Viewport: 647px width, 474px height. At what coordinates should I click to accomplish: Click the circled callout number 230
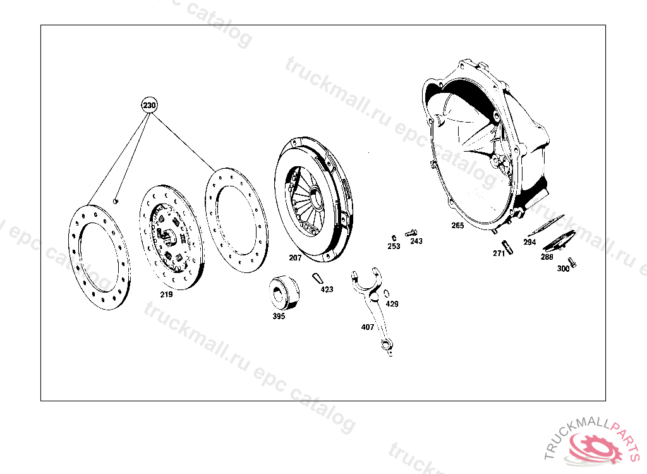click(x=149, y=105)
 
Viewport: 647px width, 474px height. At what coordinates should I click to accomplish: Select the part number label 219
click(x=166, y=295)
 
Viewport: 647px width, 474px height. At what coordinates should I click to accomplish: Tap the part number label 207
click(x=295, y=258)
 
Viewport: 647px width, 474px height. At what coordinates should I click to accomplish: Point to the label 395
click(x=279, y=316)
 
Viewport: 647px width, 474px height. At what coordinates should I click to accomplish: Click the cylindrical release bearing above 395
click(x=284, y=292)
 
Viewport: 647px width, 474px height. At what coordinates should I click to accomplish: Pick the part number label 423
click(x=327, y=289)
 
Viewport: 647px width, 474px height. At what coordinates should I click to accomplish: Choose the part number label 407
click(x=367, y=327)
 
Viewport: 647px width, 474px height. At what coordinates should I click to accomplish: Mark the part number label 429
click(x=392, y=304)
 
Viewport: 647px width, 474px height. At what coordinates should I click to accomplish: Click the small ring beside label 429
click(x=387, y=294)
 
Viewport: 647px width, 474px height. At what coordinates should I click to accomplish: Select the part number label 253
click(x=394, y=246)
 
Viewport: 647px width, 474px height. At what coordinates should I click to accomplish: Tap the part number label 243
click(x=416, y=241)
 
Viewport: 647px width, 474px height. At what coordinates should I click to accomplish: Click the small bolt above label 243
click(x=411, y=233)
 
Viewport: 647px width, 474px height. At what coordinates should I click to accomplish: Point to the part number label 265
click(x=457, y=226)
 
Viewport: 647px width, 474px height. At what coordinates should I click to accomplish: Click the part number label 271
click(x=499, y=253)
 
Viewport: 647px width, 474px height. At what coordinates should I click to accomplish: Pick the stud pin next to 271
click(x=507, y=247)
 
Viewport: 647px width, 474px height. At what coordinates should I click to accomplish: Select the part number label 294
click(x=529, y=242)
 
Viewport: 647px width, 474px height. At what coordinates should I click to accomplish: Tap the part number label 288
click(x=547, y=257)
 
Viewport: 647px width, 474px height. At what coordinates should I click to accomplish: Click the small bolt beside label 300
click(x=572, y=262)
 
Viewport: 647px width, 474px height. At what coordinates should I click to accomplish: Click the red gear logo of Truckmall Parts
click(x=594, y=448)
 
